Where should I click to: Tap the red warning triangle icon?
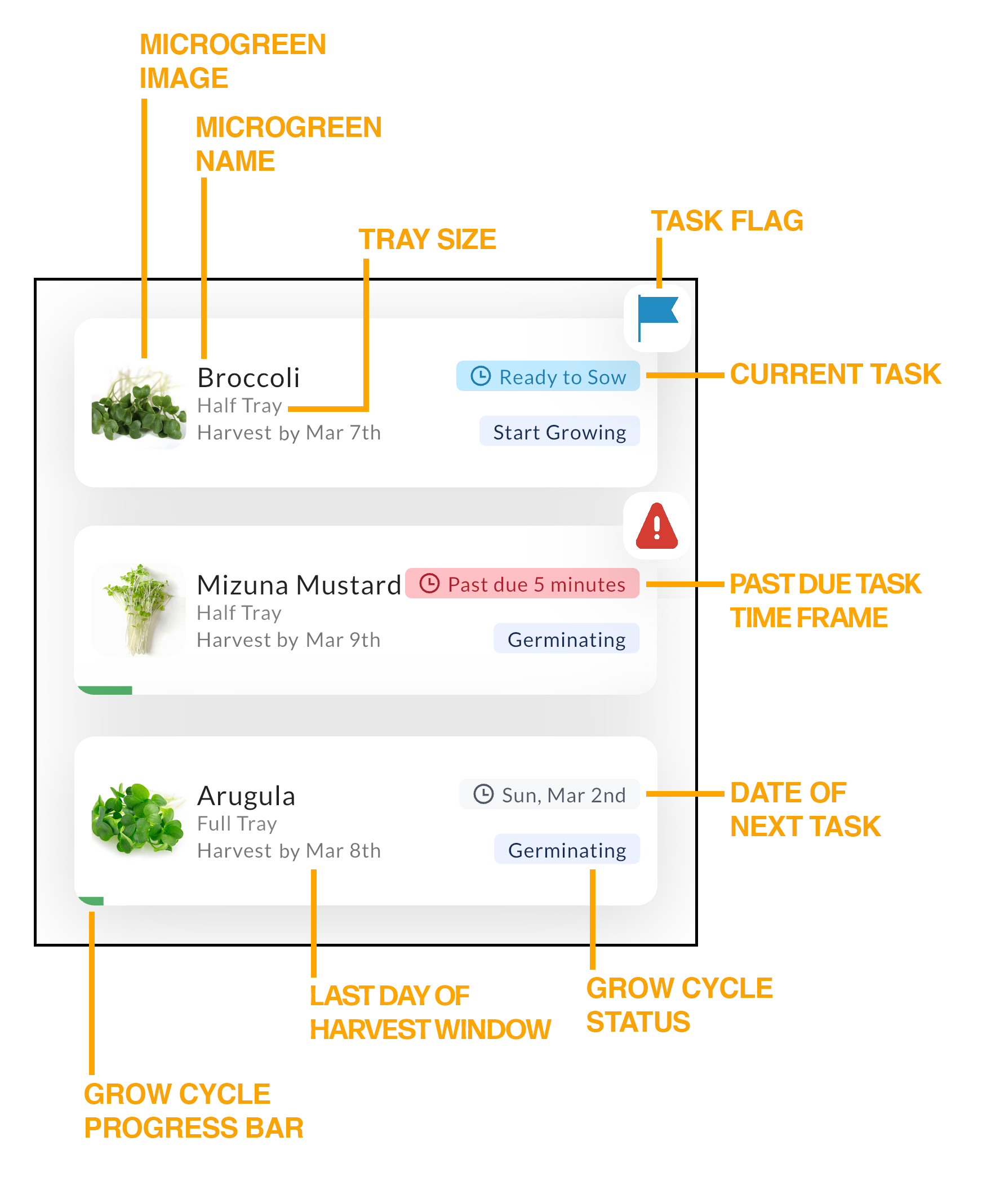point(657,527)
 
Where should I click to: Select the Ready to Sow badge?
point(548,376)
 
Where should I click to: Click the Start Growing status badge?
point(559,432)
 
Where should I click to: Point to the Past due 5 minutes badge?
point(522,584)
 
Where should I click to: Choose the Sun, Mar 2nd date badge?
point(549,794)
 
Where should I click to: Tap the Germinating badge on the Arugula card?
point(567,850)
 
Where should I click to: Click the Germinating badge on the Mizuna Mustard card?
point(566,639)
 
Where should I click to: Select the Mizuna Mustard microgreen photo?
point(138,610)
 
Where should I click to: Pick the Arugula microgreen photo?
point(138,818)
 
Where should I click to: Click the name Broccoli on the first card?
point(248,378)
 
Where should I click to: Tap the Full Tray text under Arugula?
point(237,823)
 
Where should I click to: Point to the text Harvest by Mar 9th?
point(288,640)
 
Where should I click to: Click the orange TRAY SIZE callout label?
point(427,239)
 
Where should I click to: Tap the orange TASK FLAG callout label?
point(727,221)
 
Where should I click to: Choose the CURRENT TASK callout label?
point(835,374)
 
